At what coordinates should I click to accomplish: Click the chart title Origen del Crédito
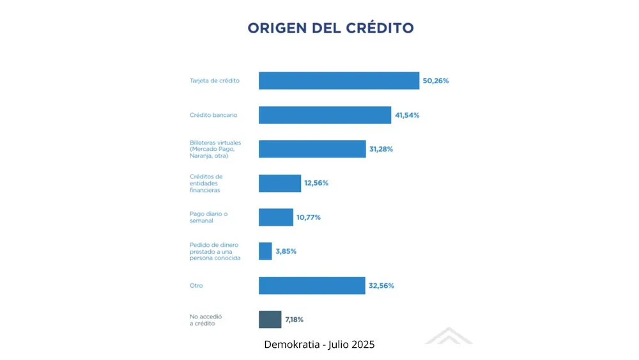330,28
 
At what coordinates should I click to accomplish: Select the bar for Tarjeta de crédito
339,81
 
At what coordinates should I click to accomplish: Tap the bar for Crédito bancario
325,115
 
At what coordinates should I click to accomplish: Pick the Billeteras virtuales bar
312,149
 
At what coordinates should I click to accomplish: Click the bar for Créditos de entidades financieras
279,183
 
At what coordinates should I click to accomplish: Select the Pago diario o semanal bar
275,217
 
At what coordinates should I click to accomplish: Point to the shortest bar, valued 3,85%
265,251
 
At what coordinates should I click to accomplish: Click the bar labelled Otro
312,285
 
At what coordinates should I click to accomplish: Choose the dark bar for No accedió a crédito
270,319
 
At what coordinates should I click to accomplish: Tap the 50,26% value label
436,81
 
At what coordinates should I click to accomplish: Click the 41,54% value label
407,115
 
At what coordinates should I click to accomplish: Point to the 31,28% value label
381,149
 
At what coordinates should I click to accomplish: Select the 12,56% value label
316,183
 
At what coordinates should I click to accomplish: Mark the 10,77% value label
308,217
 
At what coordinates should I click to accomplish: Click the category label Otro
196,285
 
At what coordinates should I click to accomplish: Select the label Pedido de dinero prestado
215,251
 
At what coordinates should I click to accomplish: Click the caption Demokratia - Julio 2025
319,345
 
